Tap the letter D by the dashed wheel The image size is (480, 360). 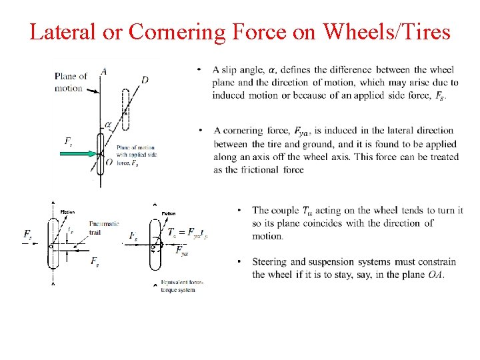[145, 80]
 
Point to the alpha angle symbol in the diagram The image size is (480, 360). [108, 125]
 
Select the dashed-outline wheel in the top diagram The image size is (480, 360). [125, 108]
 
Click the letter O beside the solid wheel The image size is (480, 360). [91, 163]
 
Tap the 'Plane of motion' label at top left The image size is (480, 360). [70, 82]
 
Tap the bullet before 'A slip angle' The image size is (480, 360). [199, 70]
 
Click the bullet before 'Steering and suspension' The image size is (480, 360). [239, 261]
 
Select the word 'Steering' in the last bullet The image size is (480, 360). [271, 261]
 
